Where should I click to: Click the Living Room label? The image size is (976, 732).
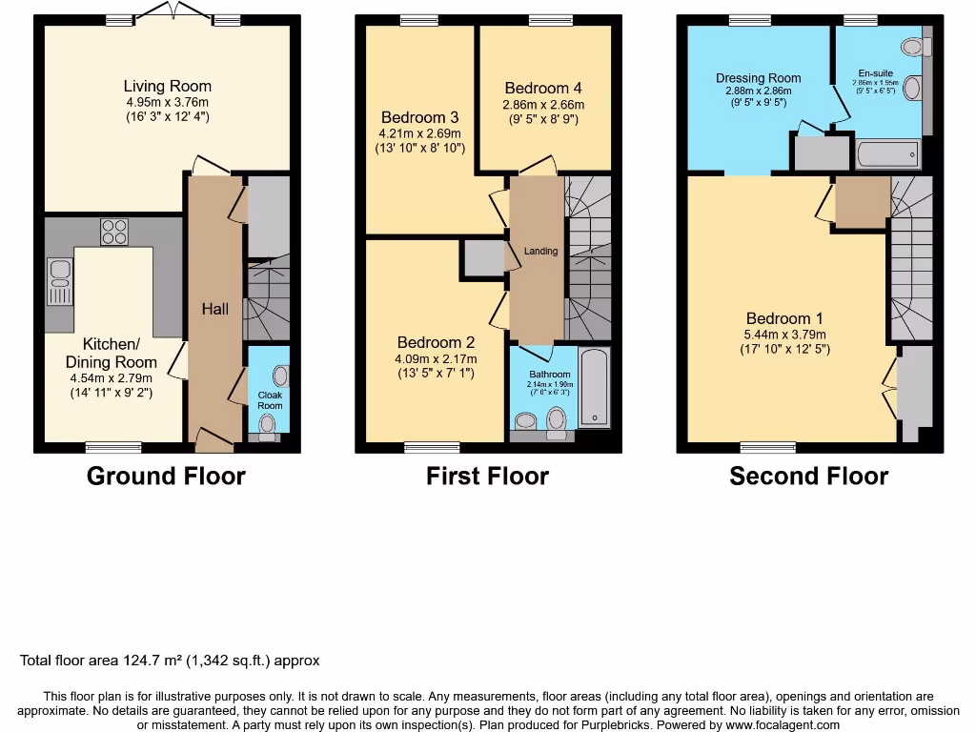[x=167, y=87]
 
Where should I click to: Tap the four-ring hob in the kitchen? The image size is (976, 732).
[x=114, y=232]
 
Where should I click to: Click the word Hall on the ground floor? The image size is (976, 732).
[x=214, y=309]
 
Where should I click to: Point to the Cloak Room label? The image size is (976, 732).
[x=270, y=400]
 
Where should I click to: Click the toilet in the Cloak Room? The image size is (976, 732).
[x=270, y=426]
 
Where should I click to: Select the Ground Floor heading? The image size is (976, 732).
[x=166, y=477]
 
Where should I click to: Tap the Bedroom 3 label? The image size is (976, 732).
[x=420, y=118]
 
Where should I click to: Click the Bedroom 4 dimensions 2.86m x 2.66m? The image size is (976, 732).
[x=544, y=105]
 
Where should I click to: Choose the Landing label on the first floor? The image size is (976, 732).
[x=540, y=252]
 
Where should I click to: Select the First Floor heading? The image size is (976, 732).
[x=487, y=477]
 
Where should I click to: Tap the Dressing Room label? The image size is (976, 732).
[x=759, y=78]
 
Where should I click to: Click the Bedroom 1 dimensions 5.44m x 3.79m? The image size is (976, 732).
[x=785, y=335]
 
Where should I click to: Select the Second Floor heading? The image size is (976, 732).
[x=808, y=477]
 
